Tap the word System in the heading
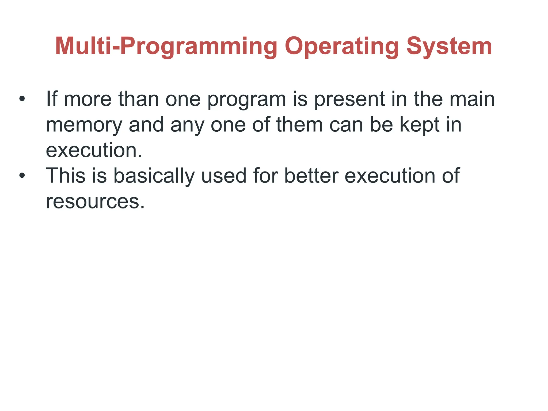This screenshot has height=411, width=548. [x=449, y=46]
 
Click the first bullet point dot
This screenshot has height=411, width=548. [x=22, y=99]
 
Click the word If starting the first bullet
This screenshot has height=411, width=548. [x=52, y=99]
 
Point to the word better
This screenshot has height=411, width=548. [x=311, y=176]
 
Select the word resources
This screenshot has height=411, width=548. [x=95, y=201]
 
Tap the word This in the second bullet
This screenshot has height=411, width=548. [x=66, y=176]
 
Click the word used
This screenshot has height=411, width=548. [x=224, y=176]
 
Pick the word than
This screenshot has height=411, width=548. [x=139, y=99]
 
